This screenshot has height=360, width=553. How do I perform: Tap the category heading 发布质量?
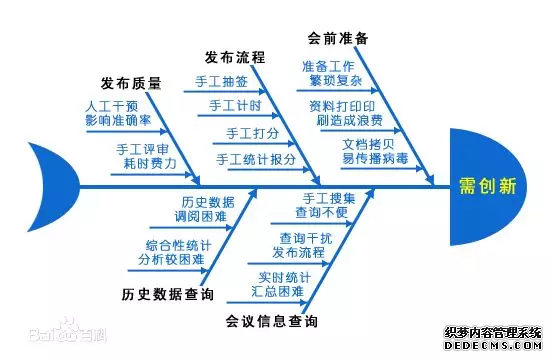[x=131, y=83]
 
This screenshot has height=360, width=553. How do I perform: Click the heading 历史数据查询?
[x=167, y=295]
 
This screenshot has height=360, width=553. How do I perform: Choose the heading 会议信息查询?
[x=272, y=321]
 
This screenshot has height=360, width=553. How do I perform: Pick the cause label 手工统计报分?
[x=256, y=159]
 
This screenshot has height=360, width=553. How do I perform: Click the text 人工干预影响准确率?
[x=118, y=112]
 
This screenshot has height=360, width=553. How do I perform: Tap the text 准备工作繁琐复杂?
[x=329, y=73]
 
